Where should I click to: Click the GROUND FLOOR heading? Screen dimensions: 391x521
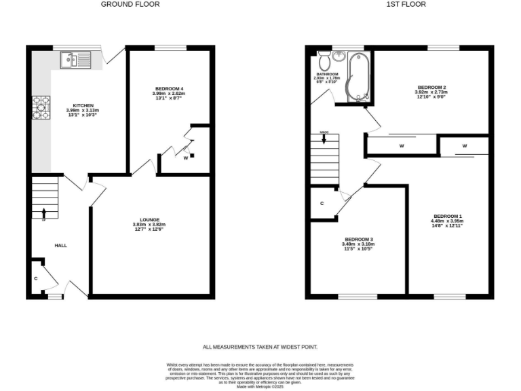130,4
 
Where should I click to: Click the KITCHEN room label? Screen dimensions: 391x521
83,106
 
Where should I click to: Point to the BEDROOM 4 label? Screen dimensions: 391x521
169,89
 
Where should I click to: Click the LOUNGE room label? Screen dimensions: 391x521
149,220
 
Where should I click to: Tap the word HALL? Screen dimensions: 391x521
60,245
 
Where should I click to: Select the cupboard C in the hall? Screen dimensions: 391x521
35,278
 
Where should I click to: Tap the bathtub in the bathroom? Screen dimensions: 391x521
358,78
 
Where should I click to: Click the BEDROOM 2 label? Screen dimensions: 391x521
431,88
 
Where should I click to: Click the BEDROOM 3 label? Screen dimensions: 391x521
359,239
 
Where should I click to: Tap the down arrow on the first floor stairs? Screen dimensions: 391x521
324,141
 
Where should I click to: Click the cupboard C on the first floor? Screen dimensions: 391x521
322,204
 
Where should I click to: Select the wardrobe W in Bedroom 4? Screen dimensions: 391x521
185,157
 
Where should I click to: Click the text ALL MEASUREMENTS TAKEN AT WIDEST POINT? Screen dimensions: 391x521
260,346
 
